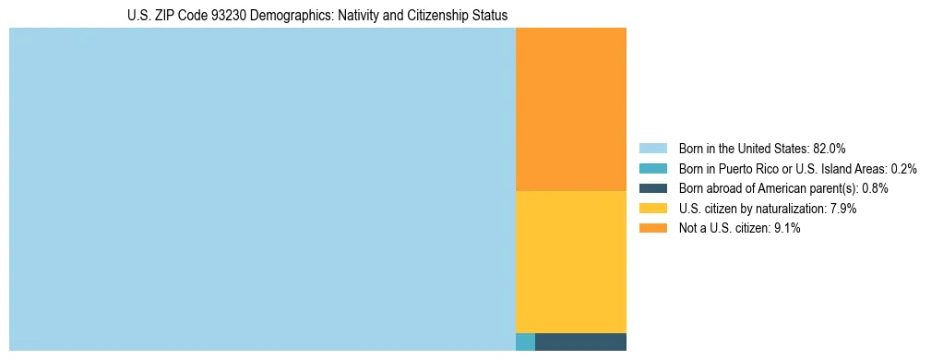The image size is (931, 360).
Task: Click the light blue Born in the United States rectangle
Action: click(262, 189)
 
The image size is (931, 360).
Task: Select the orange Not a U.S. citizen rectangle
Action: click(570, 109)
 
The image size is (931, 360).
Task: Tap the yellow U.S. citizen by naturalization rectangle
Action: click(570, 261)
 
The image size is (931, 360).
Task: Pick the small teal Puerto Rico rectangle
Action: click(525, 342)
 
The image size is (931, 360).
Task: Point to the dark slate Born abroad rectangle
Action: click(580, 342)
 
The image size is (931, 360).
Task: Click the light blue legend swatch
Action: click(652, 149)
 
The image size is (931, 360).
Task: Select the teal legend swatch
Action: click(652, 169)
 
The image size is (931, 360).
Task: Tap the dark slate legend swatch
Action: click(652, 188)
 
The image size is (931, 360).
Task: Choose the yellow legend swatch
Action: click(652, 209)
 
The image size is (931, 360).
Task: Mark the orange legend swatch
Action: click(652, 228)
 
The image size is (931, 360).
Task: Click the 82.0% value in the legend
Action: click(830, 149)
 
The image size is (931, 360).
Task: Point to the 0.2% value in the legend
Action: click(904, 169)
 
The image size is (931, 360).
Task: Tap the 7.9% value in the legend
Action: click(842, 209)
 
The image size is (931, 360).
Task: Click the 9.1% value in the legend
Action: click(785, 228)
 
